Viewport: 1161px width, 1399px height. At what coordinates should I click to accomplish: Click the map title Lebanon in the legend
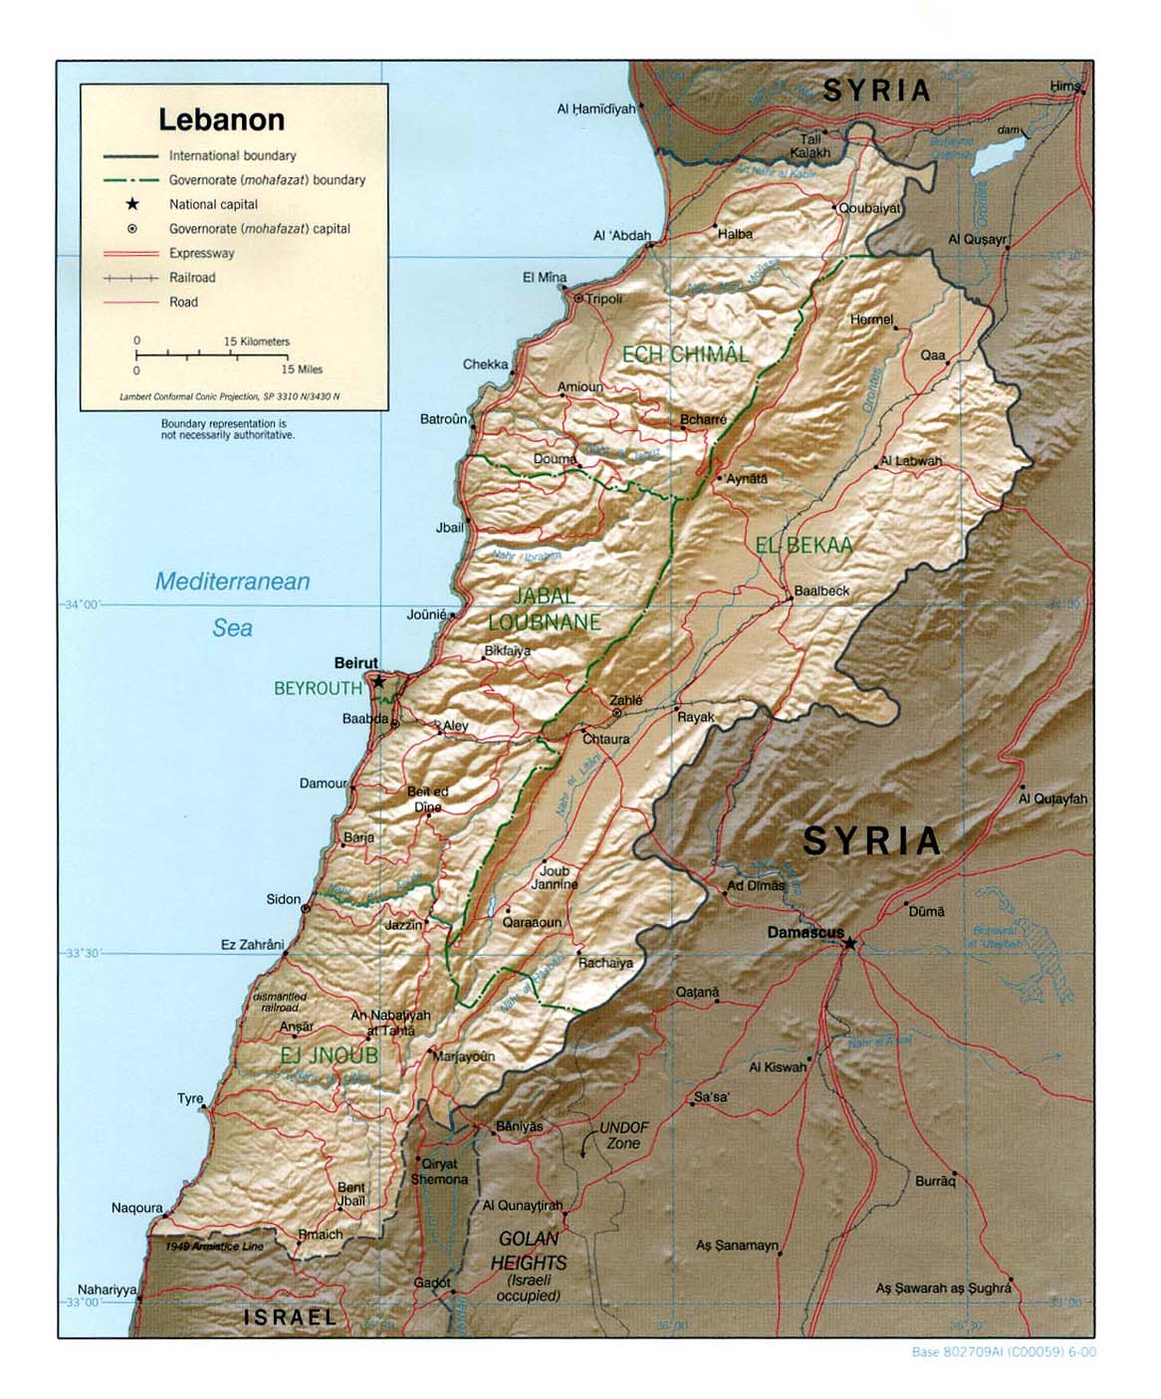click(221, 119)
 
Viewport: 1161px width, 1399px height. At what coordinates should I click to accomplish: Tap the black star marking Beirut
click(379, 682)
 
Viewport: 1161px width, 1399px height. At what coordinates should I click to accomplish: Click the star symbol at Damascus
click(849, 942)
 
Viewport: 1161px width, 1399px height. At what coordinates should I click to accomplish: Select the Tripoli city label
click(603, 299)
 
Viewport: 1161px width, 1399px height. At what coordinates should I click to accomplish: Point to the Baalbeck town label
click(821, 590)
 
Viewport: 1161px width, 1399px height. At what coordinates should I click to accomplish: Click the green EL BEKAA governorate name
click(804, 545)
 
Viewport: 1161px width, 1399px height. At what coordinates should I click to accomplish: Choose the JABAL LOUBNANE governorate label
click(545, 608)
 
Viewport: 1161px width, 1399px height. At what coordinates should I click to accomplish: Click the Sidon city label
click(283, 899)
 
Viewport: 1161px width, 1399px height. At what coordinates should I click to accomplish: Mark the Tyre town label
click(190, 1098)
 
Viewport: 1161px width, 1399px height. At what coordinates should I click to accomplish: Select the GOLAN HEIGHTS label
click(528, 1251)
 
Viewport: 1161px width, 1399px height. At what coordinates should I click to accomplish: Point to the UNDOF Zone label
click(624, 1135)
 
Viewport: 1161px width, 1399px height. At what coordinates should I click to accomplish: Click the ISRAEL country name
click(291, 1316)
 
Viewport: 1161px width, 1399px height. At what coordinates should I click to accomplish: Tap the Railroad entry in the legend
click(192, 278)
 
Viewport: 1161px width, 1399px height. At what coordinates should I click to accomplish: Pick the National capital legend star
click(131, 204)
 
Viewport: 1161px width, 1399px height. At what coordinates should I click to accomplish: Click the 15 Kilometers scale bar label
click(256, 342)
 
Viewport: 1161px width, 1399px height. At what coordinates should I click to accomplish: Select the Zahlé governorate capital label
click(626, 700)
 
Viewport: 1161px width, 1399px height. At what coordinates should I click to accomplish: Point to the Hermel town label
click(871, 320)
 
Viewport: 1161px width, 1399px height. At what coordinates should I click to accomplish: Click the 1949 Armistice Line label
click(215, 1247)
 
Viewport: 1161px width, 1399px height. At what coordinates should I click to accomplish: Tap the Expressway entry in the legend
click(201, 253)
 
